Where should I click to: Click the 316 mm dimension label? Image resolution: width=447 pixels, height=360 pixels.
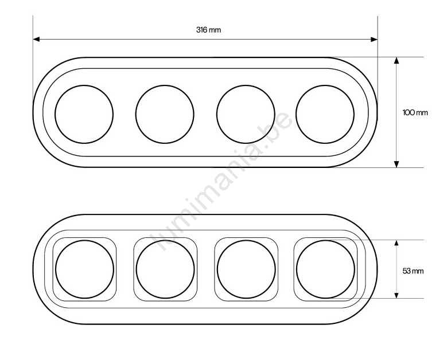(208, 30)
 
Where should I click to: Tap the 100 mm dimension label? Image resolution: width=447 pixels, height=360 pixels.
(415, 112)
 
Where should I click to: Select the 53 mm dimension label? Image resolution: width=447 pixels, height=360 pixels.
(413, 271)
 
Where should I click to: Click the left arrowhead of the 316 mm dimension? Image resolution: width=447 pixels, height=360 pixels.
(36, 40)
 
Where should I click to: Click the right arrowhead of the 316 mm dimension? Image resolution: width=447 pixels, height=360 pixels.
(374, 40)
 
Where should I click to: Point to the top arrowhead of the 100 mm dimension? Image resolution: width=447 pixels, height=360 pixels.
(397, 61)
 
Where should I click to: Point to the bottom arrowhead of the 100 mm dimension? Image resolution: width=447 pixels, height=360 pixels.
(397, 164)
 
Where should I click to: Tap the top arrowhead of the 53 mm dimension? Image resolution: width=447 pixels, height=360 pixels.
(397, 243)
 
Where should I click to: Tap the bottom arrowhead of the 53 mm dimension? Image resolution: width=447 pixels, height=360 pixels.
(397, 295)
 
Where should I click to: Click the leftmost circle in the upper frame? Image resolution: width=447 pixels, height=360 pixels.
(55, 114)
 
